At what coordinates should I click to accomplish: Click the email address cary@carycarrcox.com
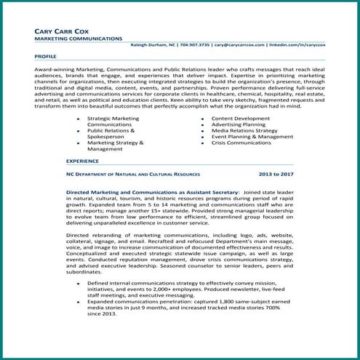pyautogui.click(x=239, y=45)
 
